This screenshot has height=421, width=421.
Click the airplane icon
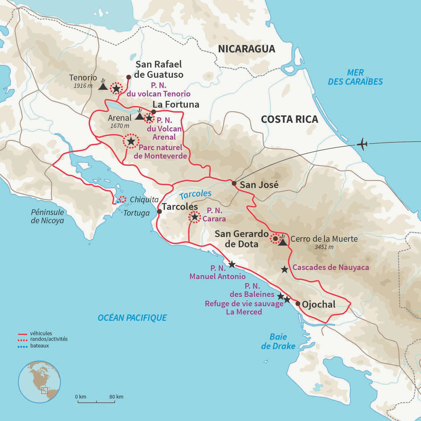click(x=362, y=144)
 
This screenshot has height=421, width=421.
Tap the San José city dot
click(x=233, y=183)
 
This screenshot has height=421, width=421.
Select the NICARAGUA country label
click(x=247, y=49)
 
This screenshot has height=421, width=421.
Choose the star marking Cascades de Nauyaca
click(x=284, y=269)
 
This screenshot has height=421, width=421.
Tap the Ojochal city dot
click(x=297, y=303)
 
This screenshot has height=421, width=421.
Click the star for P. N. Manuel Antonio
click(x=232, y=264)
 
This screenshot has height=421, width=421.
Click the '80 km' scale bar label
click(x=116, y=397)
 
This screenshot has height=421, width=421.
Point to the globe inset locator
click(x=40, y=381)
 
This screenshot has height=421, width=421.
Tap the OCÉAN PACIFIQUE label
click(x=132, y=318)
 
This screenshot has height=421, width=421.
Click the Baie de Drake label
click(x=278, y=342)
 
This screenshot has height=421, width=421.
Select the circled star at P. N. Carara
click(x=194, y=217)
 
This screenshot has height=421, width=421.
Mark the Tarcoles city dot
click(x=159, y=211)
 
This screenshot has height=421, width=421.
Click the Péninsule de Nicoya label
click(x=48, y=217)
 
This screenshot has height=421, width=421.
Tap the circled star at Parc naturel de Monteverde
click(x=131, y=141)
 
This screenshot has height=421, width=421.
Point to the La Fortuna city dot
click(x=154, y=112)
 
